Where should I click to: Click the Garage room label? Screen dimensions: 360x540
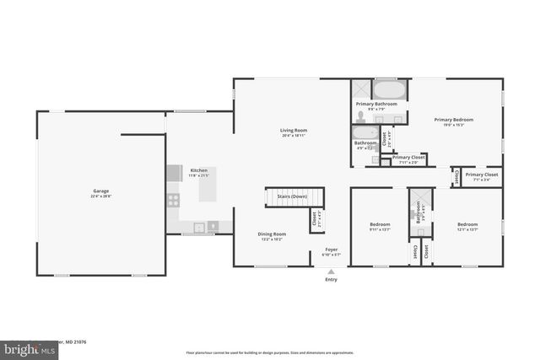[100, 192]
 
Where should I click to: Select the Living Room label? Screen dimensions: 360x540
[294, 132]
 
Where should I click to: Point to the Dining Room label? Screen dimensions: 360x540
[272, 235]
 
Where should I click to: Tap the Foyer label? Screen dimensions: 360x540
[331, 250]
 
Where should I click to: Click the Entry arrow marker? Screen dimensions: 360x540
[331, 271]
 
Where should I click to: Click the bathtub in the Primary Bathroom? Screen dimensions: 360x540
[389, 90]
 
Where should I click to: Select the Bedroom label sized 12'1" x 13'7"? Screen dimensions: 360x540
[467, 226]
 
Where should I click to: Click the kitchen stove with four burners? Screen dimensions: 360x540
[173, 200]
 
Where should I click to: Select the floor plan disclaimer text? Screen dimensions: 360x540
[270, 352]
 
